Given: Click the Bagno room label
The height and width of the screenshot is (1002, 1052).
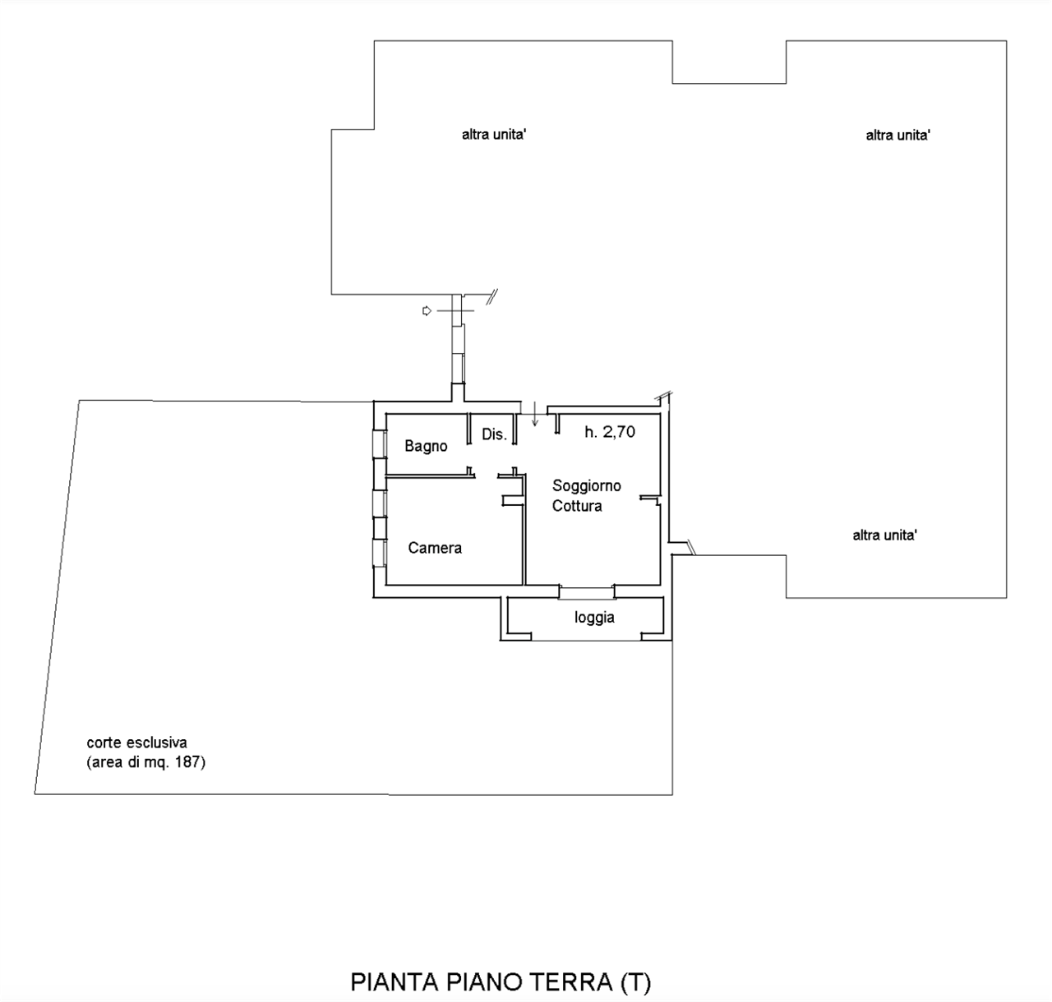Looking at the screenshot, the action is pyautogui.click(x=426, y=447).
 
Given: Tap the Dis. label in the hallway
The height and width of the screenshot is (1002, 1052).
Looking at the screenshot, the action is pyautogui.click(x=494, y=434).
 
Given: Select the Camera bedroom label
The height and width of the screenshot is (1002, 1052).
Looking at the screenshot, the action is pyautogui.click(x=435, y=548).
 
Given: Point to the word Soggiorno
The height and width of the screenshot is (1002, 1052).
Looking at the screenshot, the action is pyautogui.click(x=587, y=486).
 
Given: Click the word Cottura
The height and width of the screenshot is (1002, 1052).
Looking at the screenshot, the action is pyautogui.click(x=577, y=506).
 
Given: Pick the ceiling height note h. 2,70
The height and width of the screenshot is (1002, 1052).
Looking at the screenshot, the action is pyautogui.click(x=610, y=432).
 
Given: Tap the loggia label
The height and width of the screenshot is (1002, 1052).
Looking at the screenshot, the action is pyautogui.click(x=594, y=618).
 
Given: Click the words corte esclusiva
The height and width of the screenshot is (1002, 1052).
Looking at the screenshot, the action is pyautogui.click(x=137, y=742).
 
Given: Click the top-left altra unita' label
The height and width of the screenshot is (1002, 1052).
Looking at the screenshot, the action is pyautogui.click(x=494, y=135).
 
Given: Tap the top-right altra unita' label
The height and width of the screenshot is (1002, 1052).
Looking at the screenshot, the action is pyautogui.click(x=897, y=136).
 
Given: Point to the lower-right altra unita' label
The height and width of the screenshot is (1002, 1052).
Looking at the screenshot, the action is pyautogui.click(x=884, y=535).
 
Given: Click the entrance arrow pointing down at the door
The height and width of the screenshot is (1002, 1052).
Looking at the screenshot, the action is pyautogui.click(x=534, y=415).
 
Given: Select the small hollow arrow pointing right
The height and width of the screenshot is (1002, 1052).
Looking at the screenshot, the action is pyautogui.click(x=427, y=310).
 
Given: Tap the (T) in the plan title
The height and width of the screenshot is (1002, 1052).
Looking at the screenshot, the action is pyautogui.click(x=635, y=982).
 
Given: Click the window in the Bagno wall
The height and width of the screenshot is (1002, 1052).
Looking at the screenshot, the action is pyautogui.click(x=380, y=444).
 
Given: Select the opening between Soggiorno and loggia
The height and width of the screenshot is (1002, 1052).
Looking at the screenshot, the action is pyautogui.click(x=587, y=592).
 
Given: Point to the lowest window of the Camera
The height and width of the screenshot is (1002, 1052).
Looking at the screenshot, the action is pyautogui.click(x=380, y=553).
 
